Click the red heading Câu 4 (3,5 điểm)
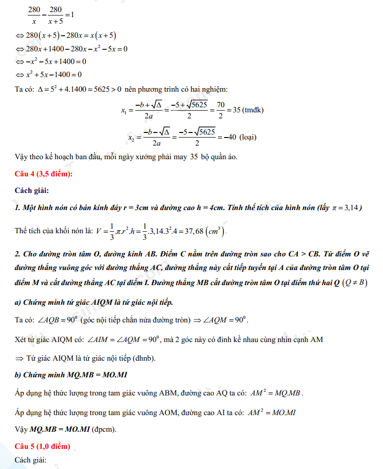click(x=44, y=174)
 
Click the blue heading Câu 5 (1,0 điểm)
click(x=43, y=447)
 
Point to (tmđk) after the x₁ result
click(x=253, y=110)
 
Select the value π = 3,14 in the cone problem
click(x=345, y=208)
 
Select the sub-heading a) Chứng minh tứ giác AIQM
click(x=94, y=302)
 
